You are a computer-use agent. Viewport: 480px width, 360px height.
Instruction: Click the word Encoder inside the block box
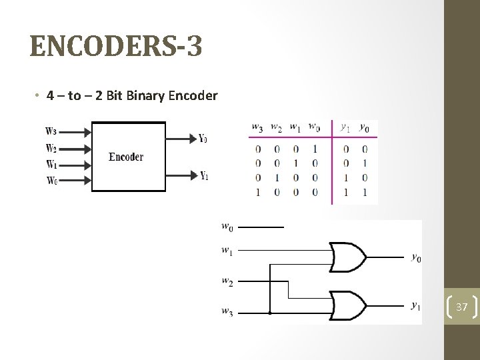pos(126,157)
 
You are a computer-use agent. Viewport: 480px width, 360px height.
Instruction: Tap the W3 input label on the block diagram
pos(51,131)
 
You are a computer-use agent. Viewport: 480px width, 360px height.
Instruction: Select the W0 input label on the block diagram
pos(51,181)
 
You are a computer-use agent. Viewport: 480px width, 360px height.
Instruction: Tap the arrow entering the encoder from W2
pos(75,147)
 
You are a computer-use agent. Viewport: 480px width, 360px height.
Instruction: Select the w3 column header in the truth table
pos(257,127)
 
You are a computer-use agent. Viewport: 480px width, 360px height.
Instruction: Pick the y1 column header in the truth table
pos(345,127)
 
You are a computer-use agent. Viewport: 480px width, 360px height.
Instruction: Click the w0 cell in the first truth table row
pos(314,149)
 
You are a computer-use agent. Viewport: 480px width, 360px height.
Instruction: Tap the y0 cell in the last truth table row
pos(363,193)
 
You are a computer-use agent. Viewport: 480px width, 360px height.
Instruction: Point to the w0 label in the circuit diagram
pos(227,227)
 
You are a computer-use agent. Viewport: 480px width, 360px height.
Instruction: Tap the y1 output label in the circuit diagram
pos(415,306)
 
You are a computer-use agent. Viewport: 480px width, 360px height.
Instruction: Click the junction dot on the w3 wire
pos(269,312)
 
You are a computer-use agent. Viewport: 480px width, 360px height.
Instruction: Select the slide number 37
pos(462,306)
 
